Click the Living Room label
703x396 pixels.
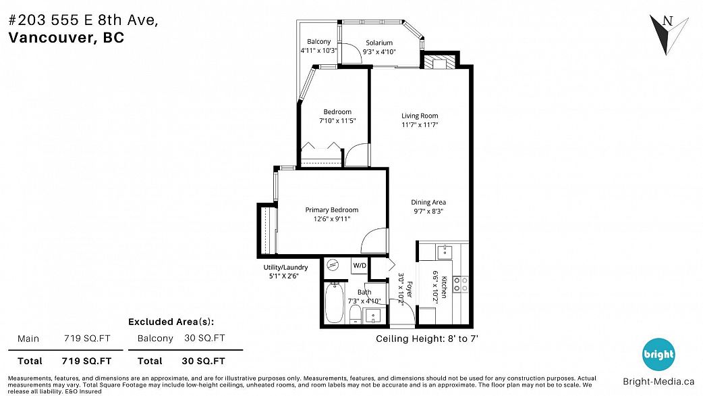[x=420, y=116]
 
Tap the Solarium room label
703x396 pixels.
[x=379, y=43]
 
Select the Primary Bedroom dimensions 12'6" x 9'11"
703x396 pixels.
[x=332, y=219]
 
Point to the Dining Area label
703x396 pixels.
[x=428, y=202]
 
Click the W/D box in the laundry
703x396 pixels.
[x=360, y=266]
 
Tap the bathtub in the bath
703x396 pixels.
[x=335, y=303]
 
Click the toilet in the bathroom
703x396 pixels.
[x=355, y=314]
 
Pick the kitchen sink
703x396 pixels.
[x=445, y=251]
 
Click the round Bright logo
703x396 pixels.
[x=658, y=354]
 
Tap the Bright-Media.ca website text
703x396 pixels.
[x=658, y=382]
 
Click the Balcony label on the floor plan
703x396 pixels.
[x=318, y=42]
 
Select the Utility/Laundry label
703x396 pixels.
[x=285, y=267]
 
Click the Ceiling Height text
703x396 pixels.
[x=427, y=339]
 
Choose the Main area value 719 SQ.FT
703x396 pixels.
[x=87, y=339]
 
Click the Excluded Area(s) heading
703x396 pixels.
[x=171, y=322]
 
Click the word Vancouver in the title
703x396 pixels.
[x=50, y=38]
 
